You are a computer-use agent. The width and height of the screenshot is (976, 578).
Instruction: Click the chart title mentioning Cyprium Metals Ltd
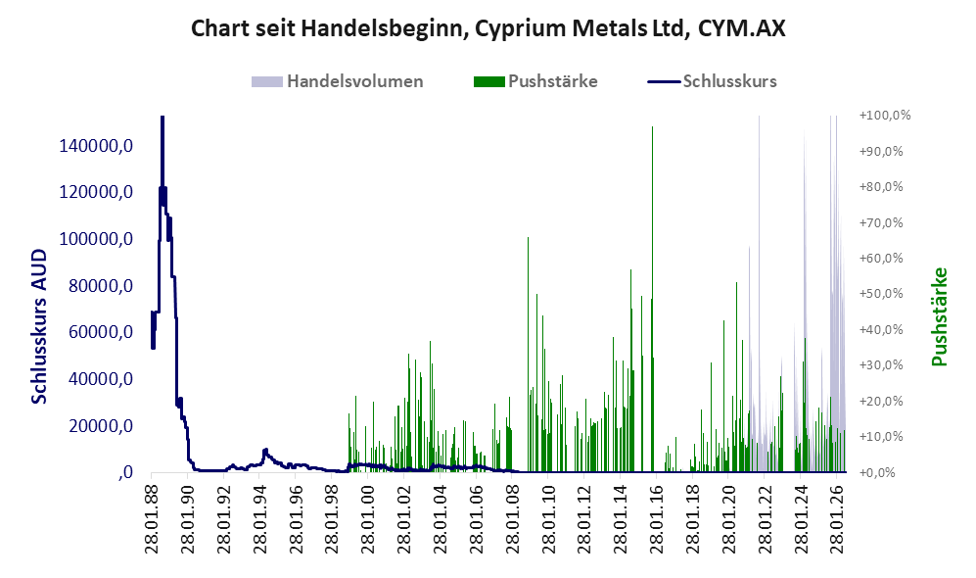click(x=488, y=28)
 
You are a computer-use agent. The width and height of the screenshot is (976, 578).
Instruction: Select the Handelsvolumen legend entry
click(x=338, y=81)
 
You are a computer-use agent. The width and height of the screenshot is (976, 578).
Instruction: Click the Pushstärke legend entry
click(x=535, y=81)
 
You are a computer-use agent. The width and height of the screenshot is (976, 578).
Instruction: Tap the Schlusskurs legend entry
click(x=712, y=81)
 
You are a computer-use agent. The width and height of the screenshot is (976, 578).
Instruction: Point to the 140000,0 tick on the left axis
click(x=96, y=146)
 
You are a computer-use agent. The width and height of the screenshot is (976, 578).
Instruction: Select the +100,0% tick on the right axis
click(x=885, y=116)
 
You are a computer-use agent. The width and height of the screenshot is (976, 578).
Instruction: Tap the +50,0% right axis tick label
click(x=881, y=293)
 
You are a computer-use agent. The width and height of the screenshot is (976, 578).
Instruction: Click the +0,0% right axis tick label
click(x=878, y=472)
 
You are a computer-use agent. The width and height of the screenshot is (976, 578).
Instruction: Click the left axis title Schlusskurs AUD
click(x=39, y=326)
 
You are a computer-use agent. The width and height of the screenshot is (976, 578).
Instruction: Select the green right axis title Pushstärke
click(x=939, y=317)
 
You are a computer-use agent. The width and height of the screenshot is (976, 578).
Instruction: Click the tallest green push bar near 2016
click(x=652, y=299)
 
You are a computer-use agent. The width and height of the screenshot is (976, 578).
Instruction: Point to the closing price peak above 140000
click(x=162, y=119)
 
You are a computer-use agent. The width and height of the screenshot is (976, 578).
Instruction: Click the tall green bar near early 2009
click(x=528, y=355)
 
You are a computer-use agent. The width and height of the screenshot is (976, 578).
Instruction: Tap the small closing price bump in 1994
click(x=265, y=451)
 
